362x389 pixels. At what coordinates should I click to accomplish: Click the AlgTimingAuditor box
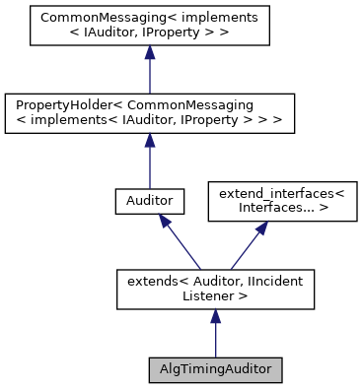(215, 370)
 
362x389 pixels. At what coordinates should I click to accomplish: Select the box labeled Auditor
(148, 200)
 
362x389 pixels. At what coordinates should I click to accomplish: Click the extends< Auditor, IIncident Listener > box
(215, 287)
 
